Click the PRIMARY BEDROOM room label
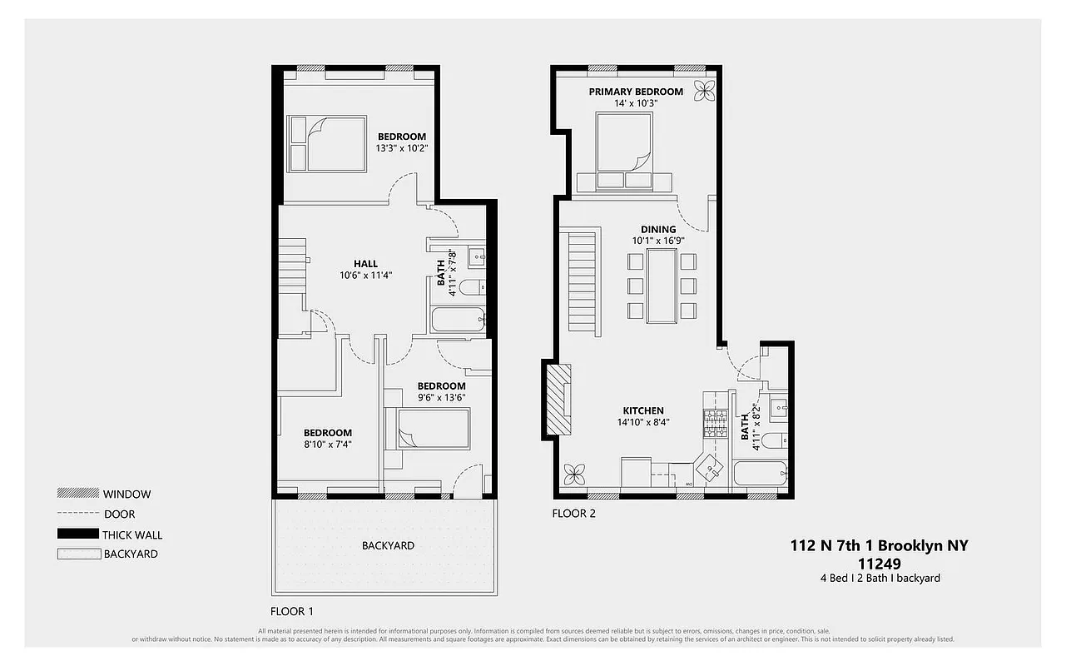[x=636, y=92]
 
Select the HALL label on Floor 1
[x=365, y=264]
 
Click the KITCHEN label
[x=643, y=410]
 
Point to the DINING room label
[x=657, y=230]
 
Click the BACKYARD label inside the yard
[x=388, y=546]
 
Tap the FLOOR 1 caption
[x=292, y=609]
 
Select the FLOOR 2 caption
[x=573, y=514]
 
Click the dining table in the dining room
[x=662, y=286]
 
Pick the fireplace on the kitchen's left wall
[x=557, y=400]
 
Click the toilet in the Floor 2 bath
[x=774, y=441]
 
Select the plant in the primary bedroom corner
[x=705, y=90]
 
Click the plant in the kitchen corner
[x=573, y=475]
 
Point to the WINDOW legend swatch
[x=77, y=494]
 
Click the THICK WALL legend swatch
[x=77, y=534]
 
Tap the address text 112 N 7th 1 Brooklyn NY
[x=879, y=546]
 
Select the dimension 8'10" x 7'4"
[x=327, y=445]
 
